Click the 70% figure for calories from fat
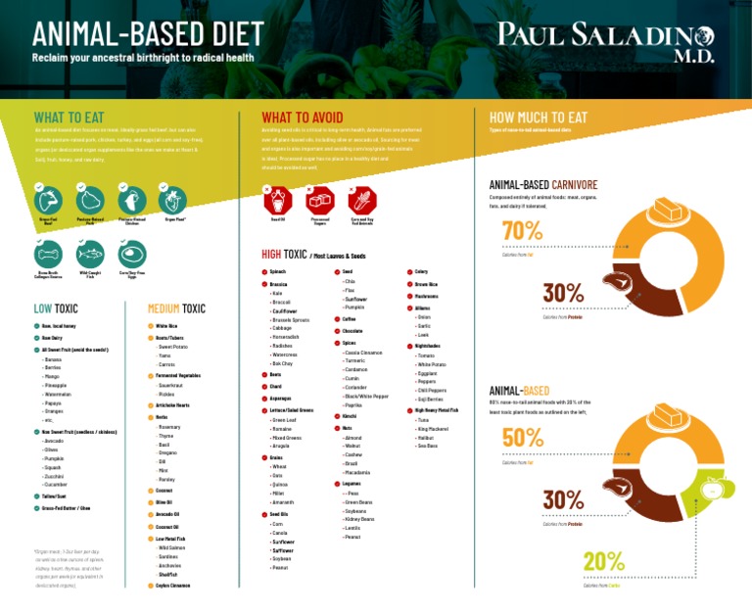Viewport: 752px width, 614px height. pyautogui.click(x=523, y=231)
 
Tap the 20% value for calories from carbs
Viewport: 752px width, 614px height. pyautogui.click(x=603, y=561)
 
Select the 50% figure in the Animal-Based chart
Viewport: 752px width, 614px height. pyautogui.click(x=523, y=439)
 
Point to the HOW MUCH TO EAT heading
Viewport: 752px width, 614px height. pyautogui.click(x=537, y=118)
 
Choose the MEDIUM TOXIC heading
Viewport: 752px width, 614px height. pyautogui.click(x=176, y=308)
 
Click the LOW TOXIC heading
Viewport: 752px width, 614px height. pyautogui.click(x=56, y=308)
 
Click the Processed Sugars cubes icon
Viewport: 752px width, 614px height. pyautogui.click(x=319, y=202)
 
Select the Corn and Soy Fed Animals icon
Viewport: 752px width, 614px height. pyautogui.click(x=362, y=202)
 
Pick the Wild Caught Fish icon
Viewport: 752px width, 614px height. pyautogui.click(x=90, y=254)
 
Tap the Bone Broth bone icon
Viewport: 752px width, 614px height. pyautogui.click(x=48, y=254)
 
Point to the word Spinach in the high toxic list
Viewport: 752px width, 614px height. pyautogui.click(x=278, y=271)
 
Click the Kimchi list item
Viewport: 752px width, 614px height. pyautogui.click(x=350, y=415)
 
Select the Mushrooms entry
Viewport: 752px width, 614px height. pyautogui.click(x=426, y=295)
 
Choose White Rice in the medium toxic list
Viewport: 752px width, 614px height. pyautogui.click(x=166, y=325)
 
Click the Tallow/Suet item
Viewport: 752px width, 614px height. pyautogui.click(x=54, y=496)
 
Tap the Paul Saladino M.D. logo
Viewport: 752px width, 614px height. pyautogui.click(x=606, y=42)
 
